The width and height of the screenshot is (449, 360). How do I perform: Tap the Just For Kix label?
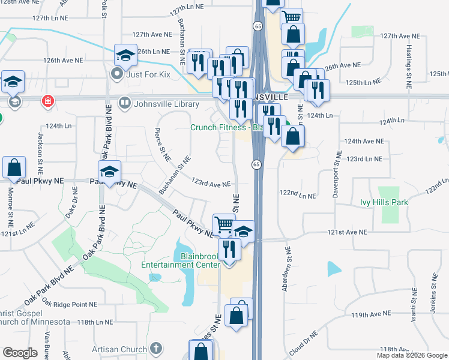pos(151,75)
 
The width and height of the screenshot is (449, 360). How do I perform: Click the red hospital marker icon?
pos(47,101)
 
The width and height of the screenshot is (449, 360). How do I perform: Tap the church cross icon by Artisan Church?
pos(155,349)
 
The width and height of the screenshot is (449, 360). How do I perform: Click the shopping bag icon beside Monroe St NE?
pos(14,166)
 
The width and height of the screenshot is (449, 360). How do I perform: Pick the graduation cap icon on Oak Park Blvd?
pos(109,172)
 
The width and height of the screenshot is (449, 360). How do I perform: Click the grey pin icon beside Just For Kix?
pos(117,75)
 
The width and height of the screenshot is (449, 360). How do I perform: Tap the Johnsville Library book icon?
pos(125,104)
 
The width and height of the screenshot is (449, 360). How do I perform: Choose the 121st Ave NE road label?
pos(346,232)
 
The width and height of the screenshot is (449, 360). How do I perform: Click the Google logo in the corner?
pos(20,353)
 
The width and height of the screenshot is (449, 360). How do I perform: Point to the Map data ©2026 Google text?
pos(412,355)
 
